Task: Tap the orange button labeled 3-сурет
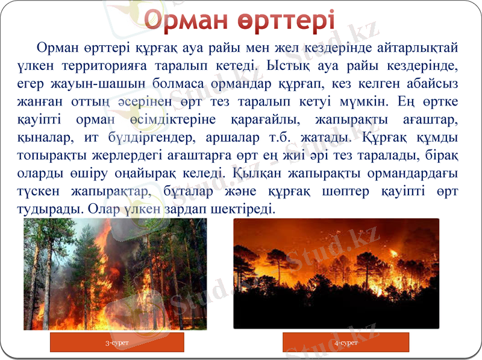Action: [117, 343]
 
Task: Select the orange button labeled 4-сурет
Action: [346, 343]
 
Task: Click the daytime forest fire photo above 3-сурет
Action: [115, 274]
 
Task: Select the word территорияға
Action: [114, 63]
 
